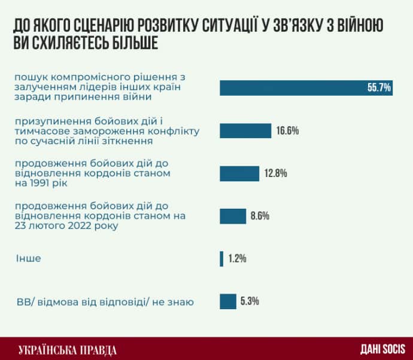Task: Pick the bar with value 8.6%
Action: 233,216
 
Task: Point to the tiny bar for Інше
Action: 221,259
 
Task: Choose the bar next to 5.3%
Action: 228,301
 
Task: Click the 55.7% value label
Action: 379,88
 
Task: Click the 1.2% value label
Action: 237,259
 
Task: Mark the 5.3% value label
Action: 249,301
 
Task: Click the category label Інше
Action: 28,259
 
